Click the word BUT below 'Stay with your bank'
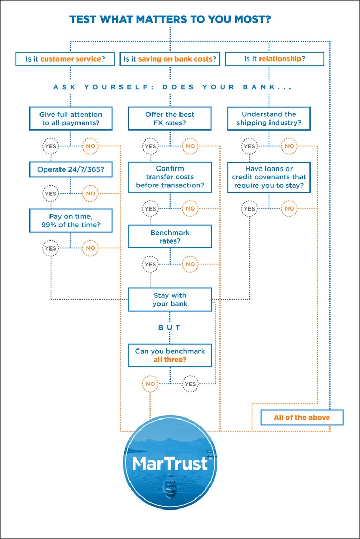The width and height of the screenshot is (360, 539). pos(169,327)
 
